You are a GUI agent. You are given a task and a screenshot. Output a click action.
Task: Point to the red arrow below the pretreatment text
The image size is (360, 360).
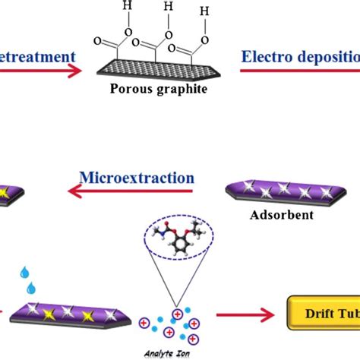tap(38, 71)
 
